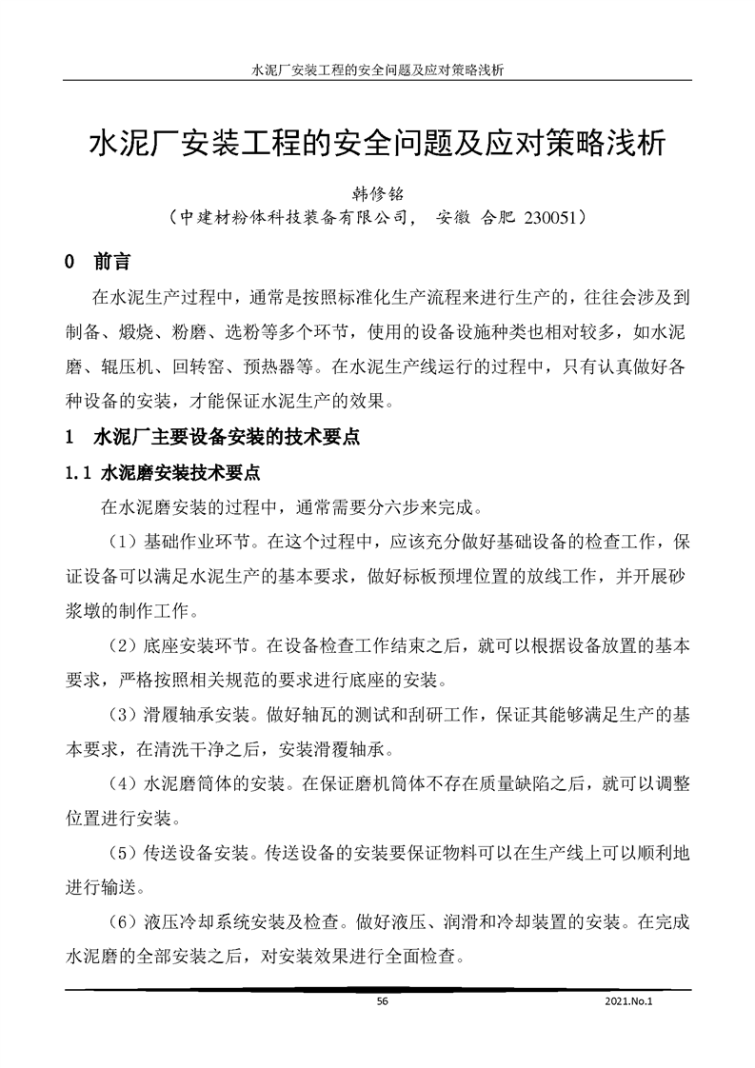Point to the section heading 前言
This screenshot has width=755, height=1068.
pos(113,261)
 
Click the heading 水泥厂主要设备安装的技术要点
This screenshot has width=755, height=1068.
pos(225,440)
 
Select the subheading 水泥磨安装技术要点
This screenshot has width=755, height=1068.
pos(180,472)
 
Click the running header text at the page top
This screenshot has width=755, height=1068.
pos(377,70)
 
